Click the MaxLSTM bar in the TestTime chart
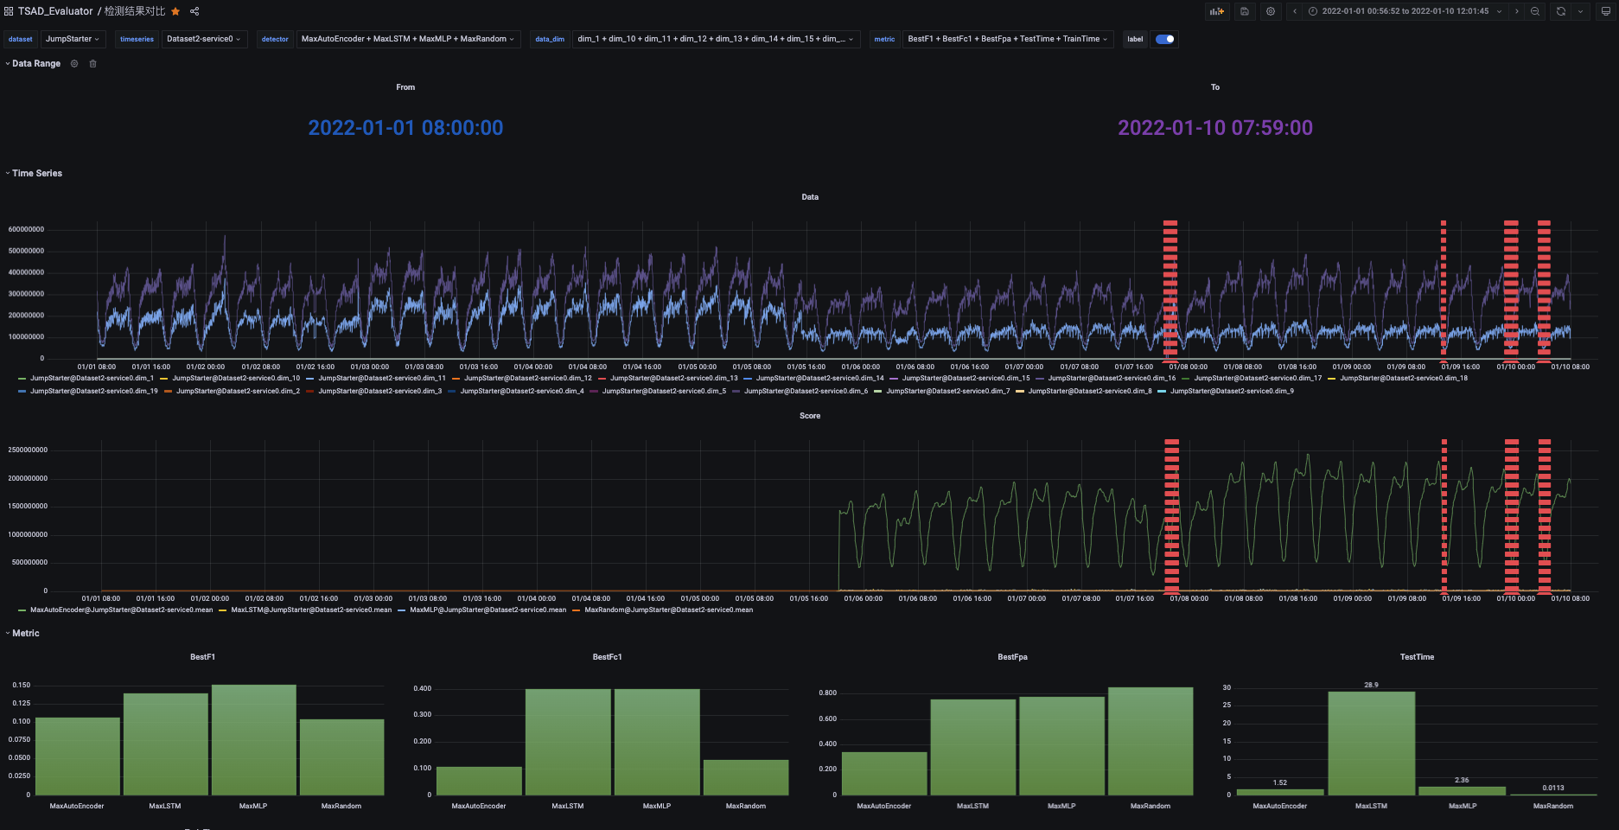tap(1371, 743)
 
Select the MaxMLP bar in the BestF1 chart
tap(253, 740)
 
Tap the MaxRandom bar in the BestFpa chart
tap(1151, 741)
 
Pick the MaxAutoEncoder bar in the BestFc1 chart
tap(479, 780)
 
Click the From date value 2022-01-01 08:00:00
tap(405, 128)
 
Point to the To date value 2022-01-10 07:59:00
tap(1214, 128)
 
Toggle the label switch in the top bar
tap(1164, 39)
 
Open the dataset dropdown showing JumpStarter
tap(72, 39)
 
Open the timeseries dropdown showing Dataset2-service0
tap(203, 39)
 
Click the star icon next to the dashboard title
tap(175, 11)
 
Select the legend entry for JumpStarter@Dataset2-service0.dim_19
tap(93, 392)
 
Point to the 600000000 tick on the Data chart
tap(26, 229)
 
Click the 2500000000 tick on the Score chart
tap(28, 450)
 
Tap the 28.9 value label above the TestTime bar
tap(1371, 685)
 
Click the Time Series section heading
tap(36, 174)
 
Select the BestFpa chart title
tap(1012, 657)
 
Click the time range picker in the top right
tap(1405, 11)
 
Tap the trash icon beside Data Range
tap(93, 64)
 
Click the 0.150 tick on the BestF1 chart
tap(21, 685)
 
